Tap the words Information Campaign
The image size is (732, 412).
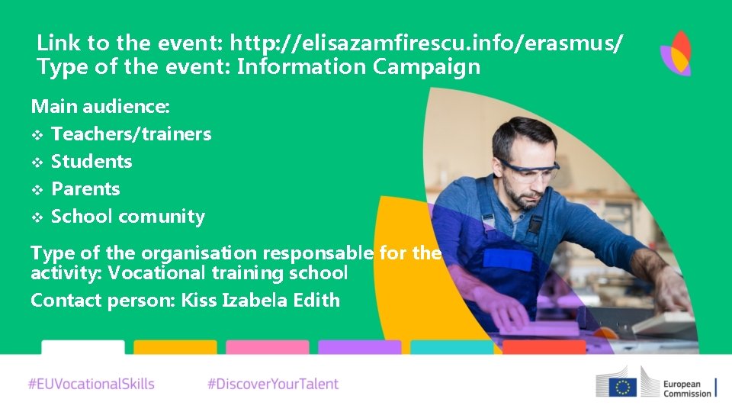(x=358, y=67)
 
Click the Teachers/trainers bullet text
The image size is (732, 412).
(x=130, y=134)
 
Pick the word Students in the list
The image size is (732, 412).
(x=91, y=162)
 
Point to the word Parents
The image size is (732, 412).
(x=85, y=189)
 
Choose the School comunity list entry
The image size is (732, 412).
(x=127, y=217)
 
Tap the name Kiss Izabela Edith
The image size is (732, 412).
(x=260, y=301)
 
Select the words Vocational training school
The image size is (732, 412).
(x=227, y=273)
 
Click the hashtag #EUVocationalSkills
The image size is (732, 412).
(x=91, y=384)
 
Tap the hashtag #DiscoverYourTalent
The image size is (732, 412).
(x=273, y=384)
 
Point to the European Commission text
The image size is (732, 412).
(x=686, y=387)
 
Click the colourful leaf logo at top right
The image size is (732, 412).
(x=676, y=53)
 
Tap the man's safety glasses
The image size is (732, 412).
(x=526, y=169)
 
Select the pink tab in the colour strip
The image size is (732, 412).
(x=267, y=347)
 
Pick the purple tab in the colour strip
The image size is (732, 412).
(x=359, y=347)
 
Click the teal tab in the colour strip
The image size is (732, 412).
(x=451, y=347)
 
